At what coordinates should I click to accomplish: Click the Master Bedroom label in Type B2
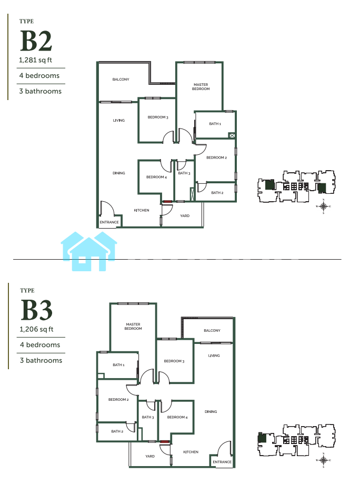[x=201, y=86]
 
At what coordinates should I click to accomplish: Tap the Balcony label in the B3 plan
[x=212, y=330]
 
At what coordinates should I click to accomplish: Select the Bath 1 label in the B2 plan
[x=215, y=123]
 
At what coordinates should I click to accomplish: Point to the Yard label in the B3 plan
[x=150, y=456]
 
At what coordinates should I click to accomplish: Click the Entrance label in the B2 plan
[x=109, y=222]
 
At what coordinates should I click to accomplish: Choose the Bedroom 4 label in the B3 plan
[x=177, y=417]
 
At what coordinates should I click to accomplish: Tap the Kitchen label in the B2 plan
[x=142, y=210]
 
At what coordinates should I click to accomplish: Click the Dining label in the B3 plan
[x=211, y=411]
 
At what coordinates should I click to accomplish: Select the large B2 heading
[x=36, y=41]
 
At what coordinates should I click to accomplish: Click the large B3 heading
[x=36, y=310]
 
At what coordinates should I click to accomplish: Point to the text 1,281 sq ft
[x=35, y=60]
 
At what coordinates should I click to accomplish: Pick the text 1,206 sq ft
[x=36, y=329]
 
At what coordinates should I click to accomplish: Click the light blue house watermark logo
[x=89, y=251]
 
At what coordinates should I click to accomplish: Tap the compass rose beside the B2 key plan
[x=323, y=206]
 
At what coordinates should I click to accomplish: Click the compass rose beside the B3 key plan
[x=323, y=460]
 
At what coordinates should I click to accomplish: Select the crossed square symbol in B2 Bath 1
[x=232, y=136]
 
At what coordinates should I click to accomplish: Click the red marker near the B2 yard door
[x=167, y=201]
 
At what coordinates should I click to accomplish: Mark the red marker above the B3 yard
[x=165, y=442]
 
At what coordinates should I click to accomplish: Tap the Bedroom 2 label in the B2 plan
[x=216, y=157]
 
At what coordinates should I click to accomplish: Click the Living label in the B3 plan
[x=214, y=356]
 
